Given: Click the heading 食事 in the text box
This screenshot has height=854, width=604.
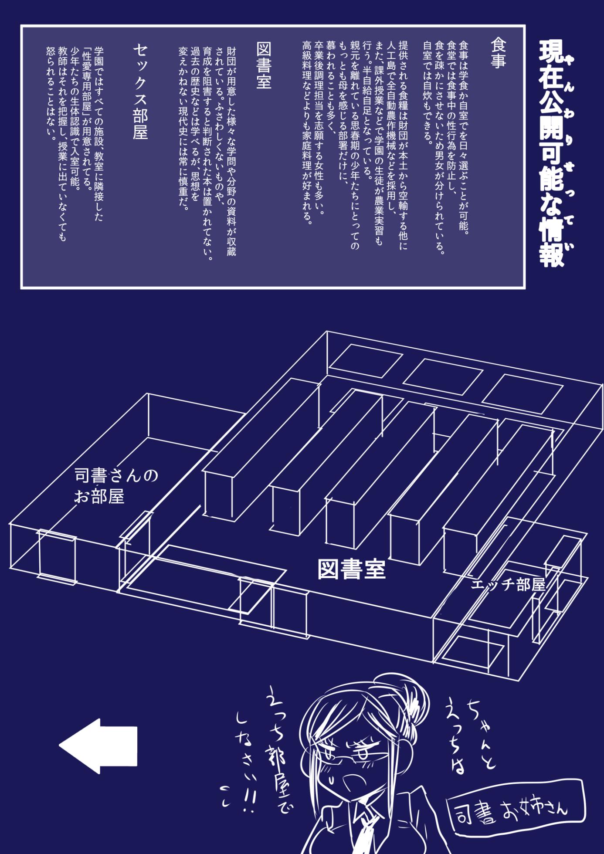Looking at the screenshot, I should tap(498, 53).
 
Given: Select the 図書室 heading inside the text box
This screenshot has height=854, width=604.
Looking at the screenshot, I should tap(264, 65).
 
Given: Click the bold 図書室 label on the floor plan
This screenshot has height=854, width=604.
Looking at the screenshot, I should tap(352, 569).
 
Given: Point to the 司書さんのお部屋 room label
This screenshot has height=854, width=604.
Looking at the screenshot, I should tap(116, 485).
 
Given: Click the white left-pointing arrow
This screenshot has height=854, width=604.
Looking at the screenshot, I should tap(98, 746).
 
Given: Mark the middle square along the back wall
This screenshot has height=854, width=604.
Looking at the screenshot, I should tap(443, 376).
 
